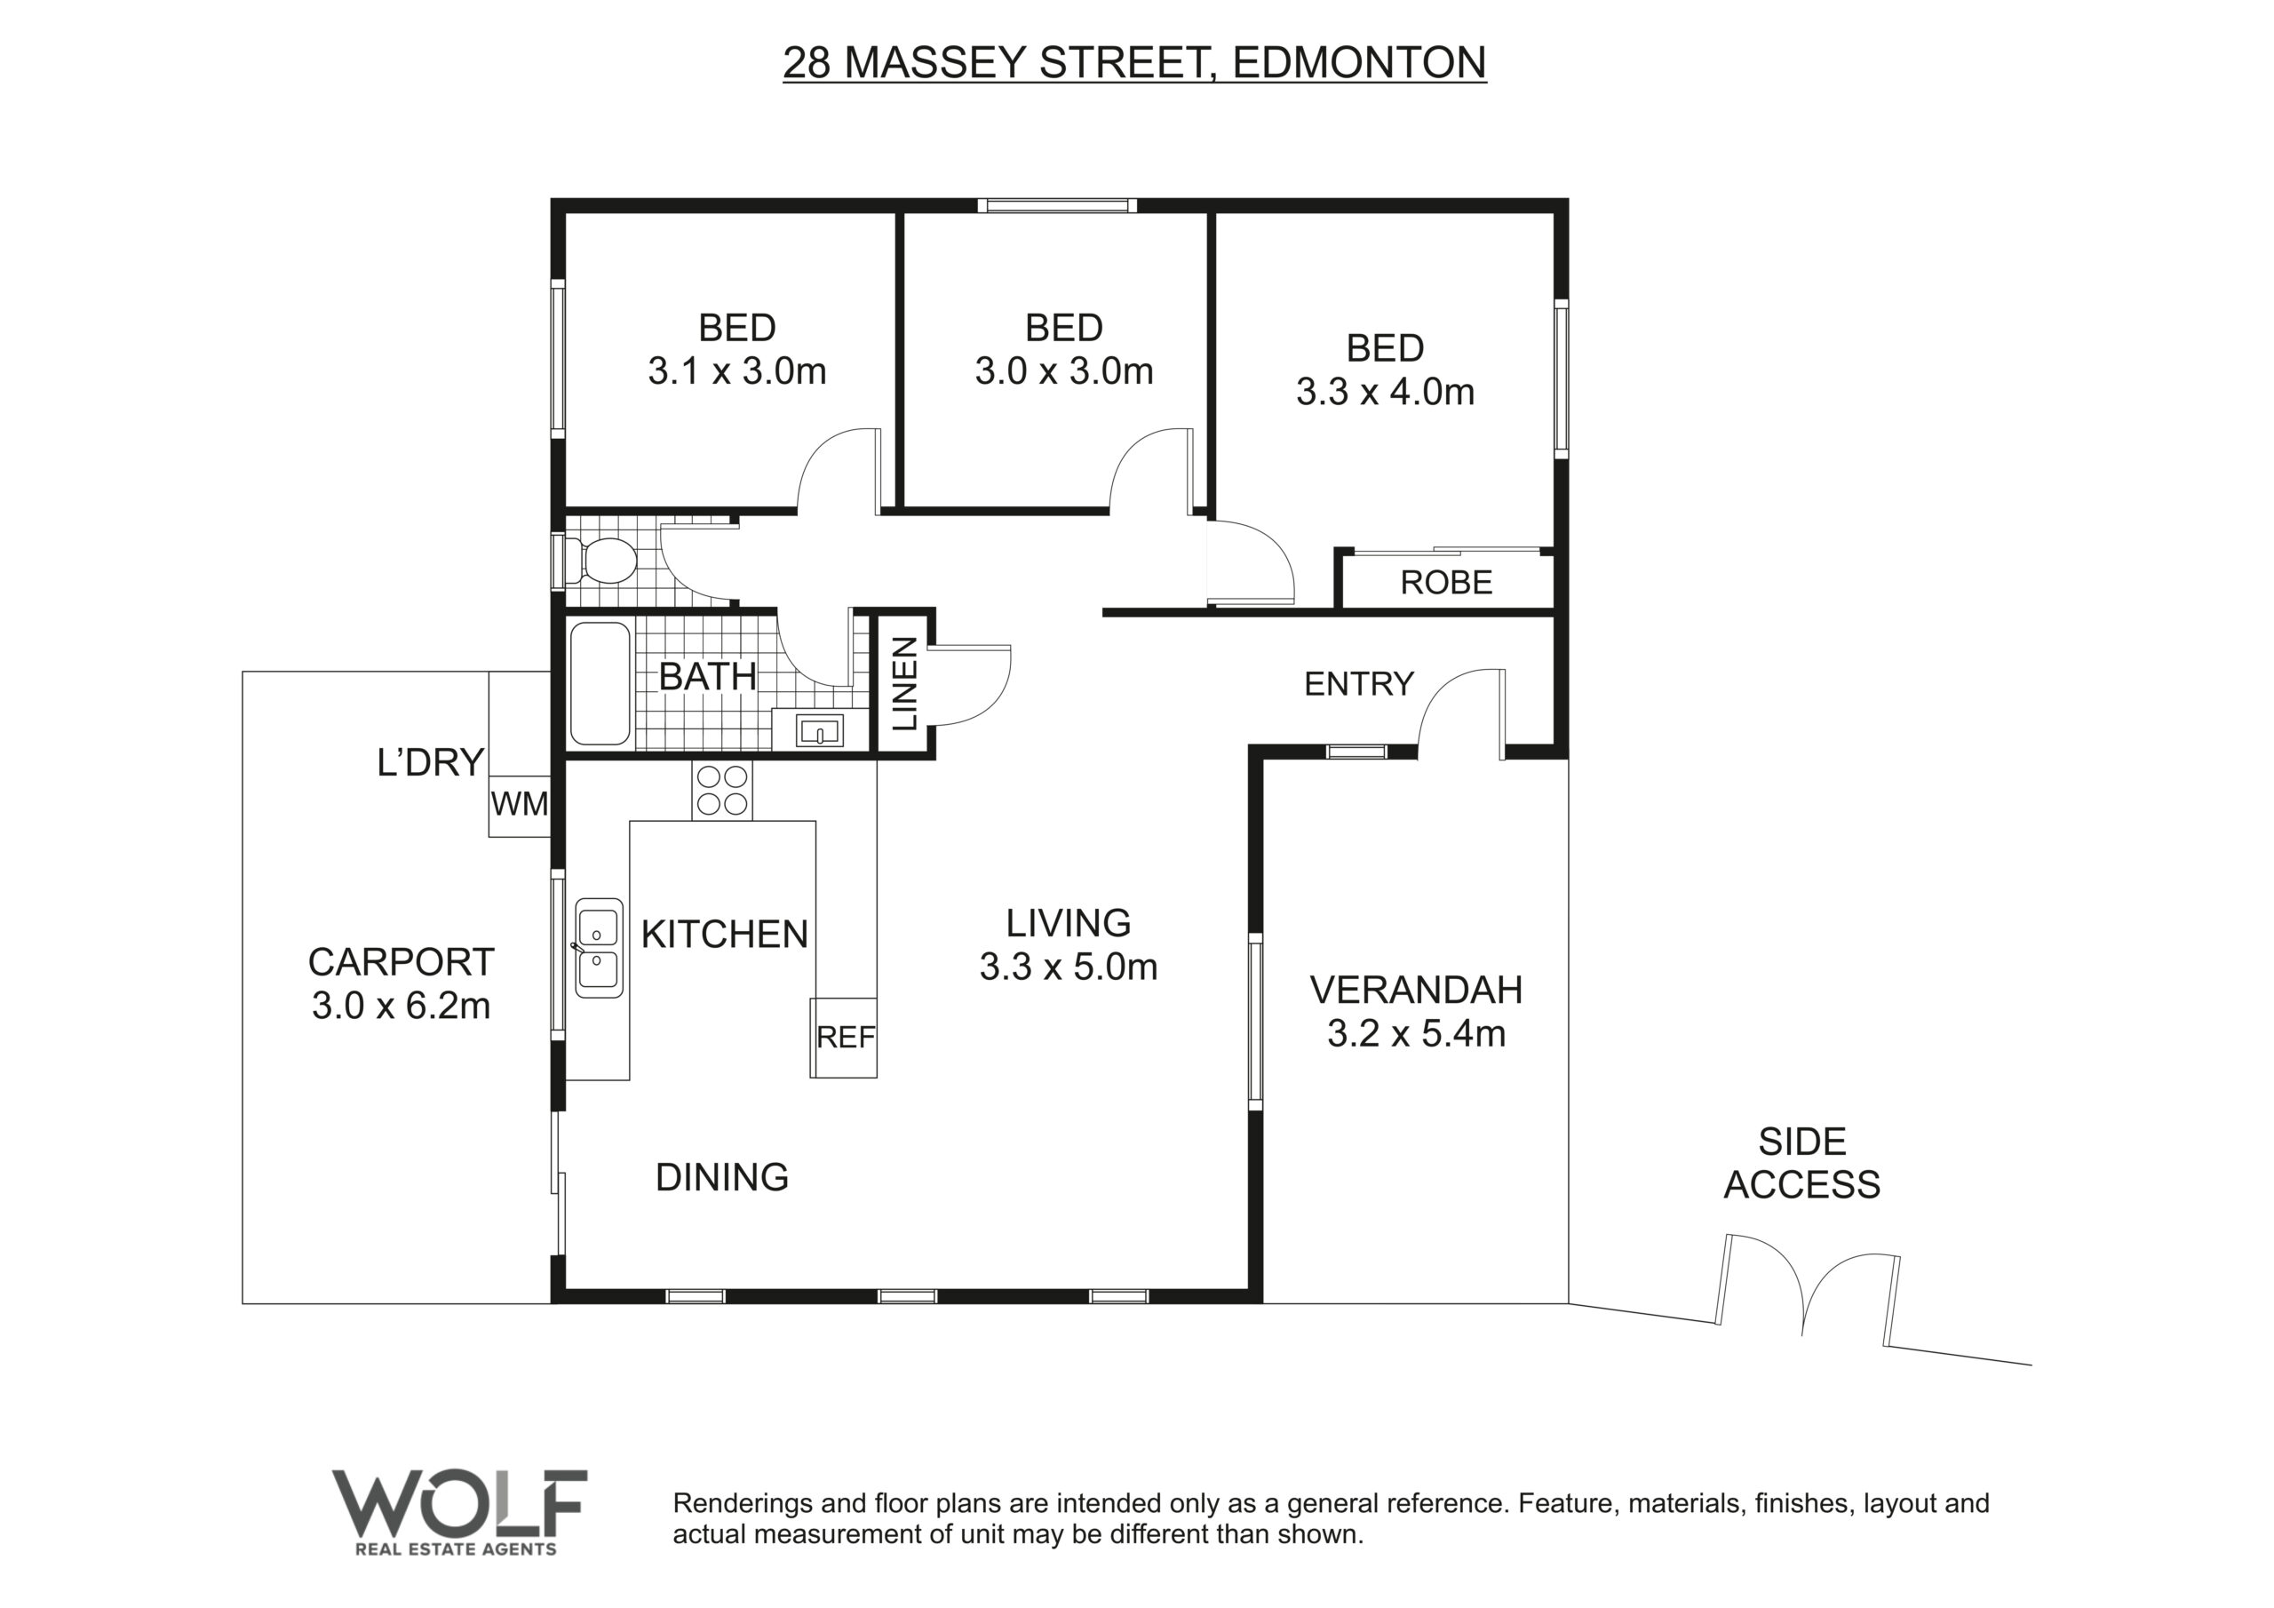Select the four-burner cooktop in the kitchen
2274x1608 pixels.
(722, 790)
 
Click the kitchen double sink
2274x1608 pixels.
(600, 947)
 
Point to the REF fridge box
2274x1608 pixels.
(844, 1038)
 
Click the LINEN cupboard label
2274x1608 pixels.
(905, 684)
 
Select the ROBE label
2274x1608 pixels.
(1446, 583)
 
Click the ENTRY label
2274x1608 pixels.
(1359, 684)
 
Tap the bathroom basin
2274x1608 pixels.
(820, 731)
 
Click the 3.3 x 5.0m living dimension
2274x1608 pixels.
(1069, 967)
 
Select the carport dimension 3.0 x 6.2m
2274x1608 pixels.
(402, 1007)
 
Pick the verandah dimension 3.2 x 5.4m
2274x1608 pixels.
(1416, 1034)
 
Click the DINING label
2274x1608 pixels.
(722, 1177)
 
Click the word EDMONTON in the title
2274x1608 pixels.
(1360, 62)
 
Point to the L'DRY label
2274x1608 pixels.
(431, 762)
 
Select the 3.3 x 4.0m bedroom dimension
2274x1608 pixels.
(1386, 393)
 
